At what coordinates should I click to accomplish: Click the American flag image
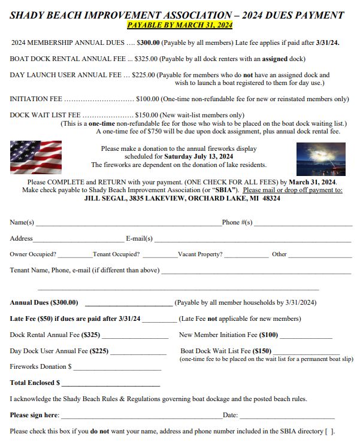pyautogui.click(x=35, y=156)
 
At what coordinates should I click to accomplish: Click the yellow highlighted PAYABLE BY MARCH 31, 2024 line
pyautogui.click(x=180, y=25)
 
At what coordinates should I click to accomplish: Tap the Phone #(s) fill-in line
pyautogui.click(x=302, y=224)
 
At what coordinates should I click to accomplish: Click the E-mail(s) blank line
pyautogui.click(x=252, y=239)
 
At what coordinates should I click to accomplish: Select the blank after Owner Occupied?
pyautogui.click(x=75, y=256)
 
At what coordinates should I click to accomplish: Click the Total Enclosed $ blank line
pyautogui.click(x=111, y=384)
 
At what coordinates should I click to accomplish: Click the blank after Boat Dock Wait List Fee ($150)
pyautogui.click(x=306, y=353)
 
